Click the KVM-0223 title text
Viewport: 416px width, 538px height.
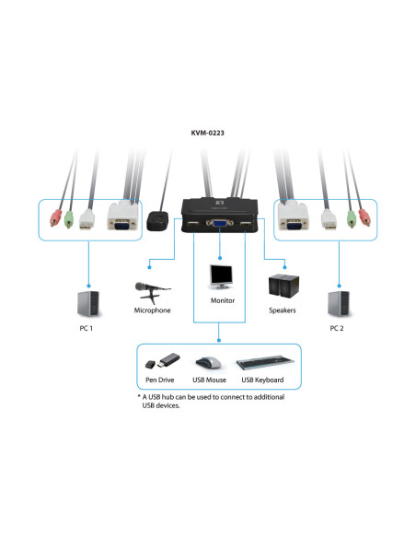point(207,133)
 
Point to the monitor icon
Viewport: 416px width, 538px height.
point(221,275)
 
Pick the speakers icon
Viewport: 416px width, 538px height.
point(282,288)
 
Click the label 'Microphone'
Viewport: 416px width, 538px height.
point(152,311)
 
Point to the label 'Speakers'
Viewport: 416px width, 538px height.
point(283,311)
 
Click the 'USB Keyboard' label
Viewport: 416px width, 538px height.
point(262,380)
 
